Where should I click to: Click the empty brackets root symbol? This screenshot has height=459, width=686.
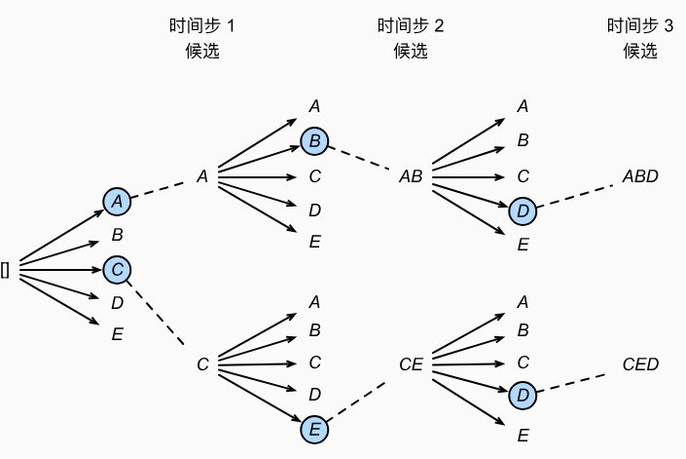pos(6,270)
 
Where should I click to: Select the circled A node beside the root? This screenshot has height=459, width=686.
pos(117,201)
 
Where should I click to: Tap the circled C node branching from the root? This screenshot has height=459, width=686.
pos(117,269)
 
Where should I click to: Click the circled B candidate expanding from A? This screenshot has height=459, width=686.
pos(314,142)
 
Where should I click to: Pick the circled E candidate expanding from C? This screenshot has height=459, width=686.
pos(314,428)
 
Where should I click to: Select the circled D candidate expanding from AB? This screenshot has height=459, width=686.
pos(523,210)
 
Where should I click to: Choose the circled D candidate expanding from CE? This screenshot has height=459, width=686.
pos(523,396)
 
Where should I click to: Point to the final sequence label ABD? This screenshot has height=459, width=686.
pos(640,176)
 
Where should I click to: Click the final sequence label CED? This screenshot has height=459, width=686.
pos(640,364)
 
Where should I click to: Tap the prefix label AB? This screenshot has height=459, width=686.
pos(410,176)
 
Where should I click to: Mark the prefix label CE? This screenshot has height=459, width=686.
pos(410,364)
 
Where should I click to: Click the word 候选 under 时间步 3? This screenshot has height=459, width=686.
pos(640,52)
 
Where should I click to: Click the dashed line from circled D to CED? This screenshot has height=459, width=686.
pos(578,382)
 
